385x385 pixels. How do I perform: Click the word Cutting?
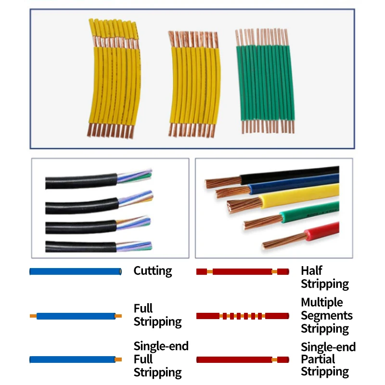pos(153,271)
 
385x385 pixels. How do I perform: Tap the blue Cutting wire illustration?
pos(76,271)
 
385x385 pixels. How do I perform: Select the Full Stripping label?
pos(158,315)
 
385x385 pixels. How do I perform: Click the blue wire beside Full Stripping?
pos(76,316)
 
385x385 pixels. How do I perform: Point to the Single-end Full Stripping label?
pos(161,359)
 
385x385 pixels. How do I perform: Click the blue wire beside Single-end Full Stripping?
pos(76,359)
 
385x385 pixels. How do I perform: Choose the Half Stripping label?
pos(325,278)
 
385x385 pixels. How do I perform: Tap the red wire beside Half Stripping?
pos(243,271)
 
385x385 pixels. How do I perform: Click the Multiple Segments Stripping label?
pos(327,316)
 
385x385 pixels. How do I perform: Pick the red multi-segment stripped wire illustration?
pos(243,316)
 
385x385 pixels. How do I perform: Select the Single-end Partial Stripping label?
pos(328,359)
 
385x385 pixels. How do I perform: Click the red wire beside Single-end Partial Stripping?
pos(243,359)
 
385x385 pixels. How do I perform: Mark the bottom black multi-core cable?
pos(98,246)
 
